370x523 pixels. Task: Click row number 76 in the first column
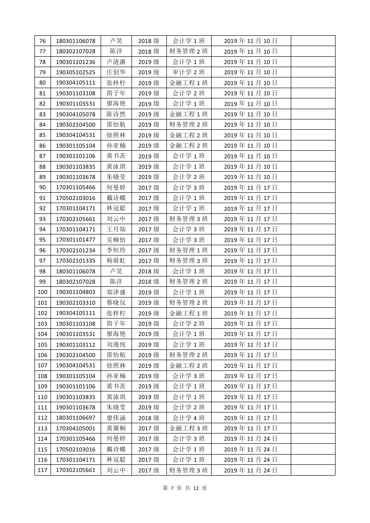pyautogui.click(x=43, y=41)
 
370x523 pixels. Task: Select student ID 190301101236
pyautogui.click(x=76, y=62)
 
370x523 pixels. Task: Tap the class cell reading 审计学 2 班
pyautogui.click(x=189, y=72)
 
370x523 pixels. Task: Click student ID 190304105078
pyautogui.click(x=76, y=115)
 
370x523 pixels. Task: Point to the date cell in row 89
pyautogui.click(x=251, y=177)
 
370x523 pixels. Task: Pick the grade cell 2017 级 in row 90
pyautogui.click(x=149, y=187)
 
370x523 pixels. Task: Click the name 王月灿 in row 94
pyautogui.click(x=116, y=230)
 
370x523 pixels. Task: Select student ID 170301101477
pyautogui.click(x=76, y=240)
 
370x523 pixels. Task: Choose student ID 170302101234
pyautogui.click(x=76, y=251)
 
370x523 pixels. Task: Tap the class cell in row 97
pyautogui.click(x=189, y=261)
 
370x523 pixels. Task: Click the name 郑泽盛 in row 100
pyautogui.click(x=116, y=292)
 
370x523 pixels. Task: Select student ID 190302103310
pyautogui.click(x=76, y=303)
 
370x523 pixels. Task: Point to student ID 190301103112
pyautogui.click(x=76, y=344)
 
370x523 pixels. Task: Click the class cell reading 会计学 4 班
pyautogui.click(x=189, y=418)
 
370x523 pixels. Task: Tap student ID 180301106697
pyautogui.click(x=76, y=418)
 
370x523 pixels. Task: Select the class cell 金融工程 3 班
pyautogui.click(x=189, y=428)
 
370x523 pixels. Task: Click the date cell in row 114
pyautogui.click(x=251, y=439)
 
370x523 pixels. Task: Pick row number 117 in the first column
pyautogui.click(x=43, y=470)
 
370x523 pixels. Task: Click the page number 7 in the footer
pyautogui.click(x=171, y=488)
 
